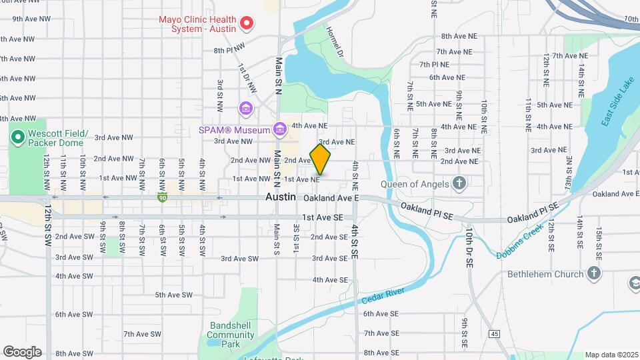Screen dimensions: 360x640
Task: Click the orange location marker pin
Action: tap(320, 159)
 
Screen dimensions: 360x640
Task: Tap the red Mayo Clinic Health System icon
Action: tap(246, 24)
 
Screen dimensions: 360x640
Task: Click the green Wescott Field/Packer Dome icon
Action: tap(18, 137)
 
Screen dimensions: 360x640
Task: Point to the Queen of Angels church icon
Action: tap(459, 183)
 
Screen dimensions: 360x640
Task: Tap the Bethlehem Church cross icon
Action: tap(593, 273)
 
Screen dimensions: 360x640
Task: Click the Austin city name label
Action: tap(280, 197)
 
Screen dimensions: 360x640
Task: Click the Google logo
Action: tap(22, 351)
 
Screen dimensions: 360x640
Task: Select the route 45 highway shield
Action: tap(494, 333)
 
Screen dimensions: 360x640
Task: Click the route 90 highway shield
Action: tap(162, 197)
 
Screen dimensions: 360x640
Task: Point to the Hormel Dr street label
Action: tap(335, 41)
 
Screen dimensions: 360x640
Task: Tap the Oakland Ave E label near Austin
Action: tap(331, 198)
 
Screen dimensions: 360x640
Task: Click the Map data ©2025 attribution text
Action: tap(611, 355)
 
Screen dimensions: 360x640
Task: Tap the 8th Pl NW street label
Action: tap(229, 50)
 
